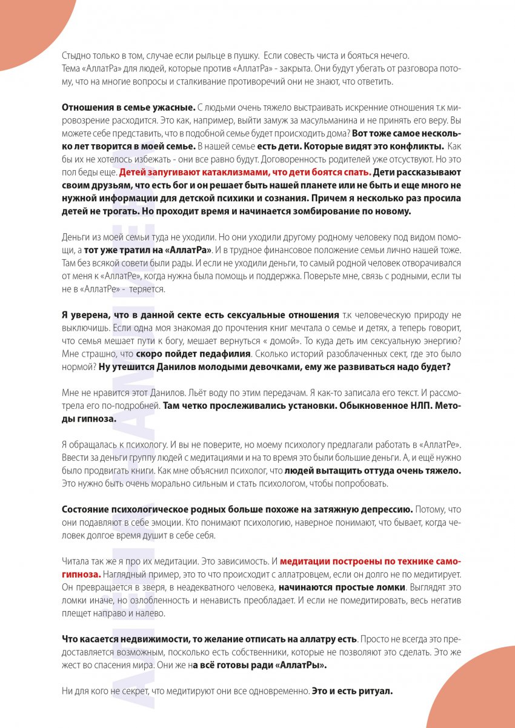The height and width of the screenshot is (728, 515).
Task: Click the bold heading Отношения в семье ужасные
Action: [x=128, y=107]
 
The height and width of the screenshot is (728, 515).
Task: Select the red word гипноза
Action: [x=82, y=572]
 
